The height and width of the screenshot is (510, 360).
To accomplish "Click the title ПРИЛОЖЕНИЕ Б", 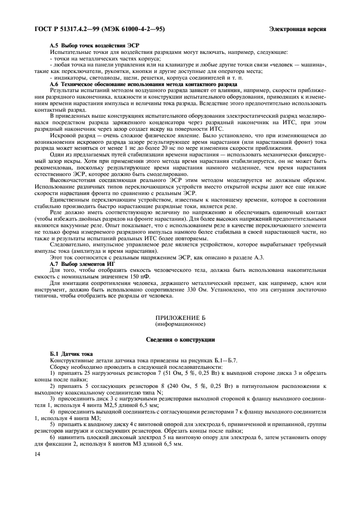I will [180, 317].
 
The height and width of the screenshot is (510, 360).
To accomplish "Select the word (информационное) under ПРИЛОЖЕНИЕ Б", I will [180, 324].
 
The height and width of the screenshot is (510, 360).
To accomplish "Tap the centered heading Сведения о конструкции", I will [180, 339].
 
